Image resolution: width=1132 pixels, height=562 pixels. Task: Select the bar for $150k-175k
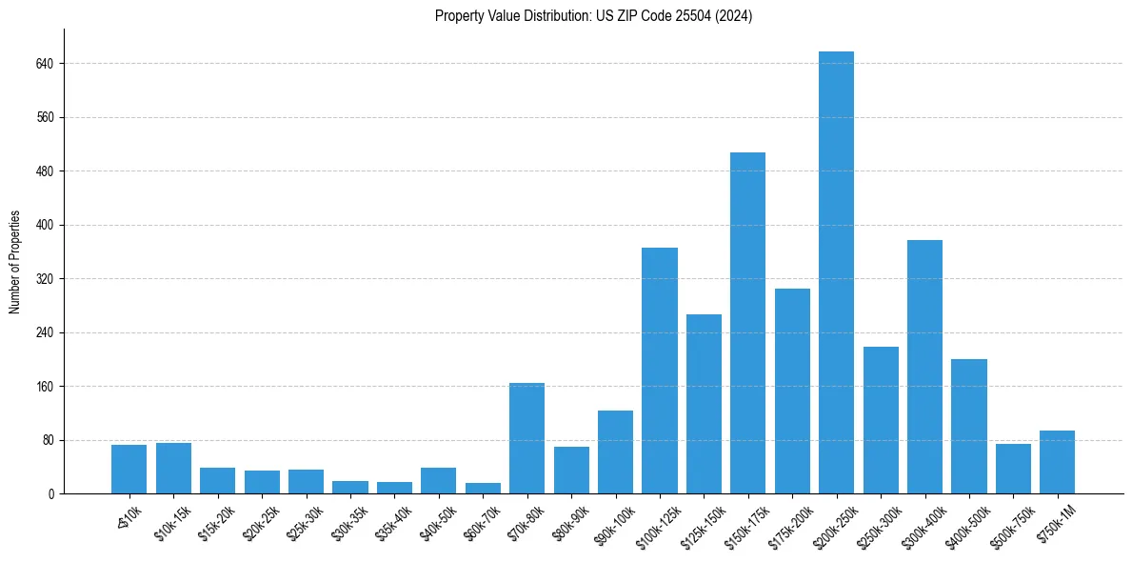pos(747,323)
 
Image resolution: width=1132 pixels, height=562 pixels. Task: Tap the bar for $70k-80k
pos(526,438)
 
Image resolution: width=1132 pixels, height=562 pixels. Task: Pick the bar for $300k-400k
pos(924,367)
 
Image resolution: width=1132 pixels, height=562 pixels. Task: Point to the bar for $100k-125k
pos(659,371)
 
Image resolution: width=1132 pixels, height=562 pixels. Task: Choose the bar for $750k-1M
pos(1057,462)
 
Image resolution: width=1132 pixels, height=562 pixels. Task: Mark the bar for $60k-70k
pos(483,488)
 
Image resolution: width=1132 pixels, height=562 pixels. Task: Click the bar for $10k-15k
pos(173,469)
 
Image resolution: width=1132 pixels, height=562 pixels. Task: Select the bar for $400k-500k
pos(968,426)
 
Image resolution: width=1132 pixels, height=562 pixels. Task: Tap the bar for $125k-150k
pos(704,404)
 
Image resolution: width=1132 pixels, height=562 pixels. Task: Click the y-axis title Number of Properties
pos(15,261)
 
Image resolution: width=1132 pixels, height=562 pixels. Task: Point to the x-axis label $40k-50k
pos(434,520)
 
